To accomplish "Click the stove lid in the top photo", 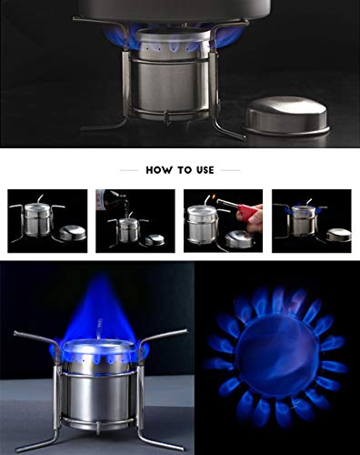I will click(287, 116).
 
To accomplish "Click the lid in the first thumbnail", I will click(72, 233).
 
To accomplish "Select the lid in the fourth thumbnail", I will click(336, 234).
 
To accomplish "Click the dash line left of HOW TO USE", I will click(129, 170).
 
